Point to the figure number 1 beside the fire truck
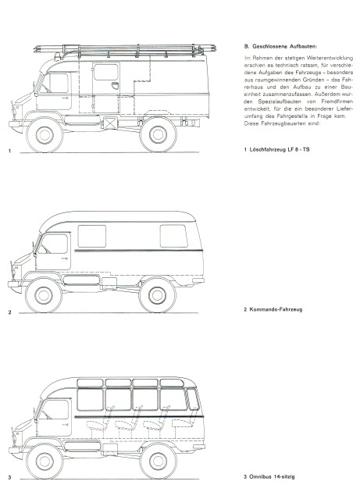pos(9,151)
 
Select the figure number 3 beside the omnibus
pos(9,476)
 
